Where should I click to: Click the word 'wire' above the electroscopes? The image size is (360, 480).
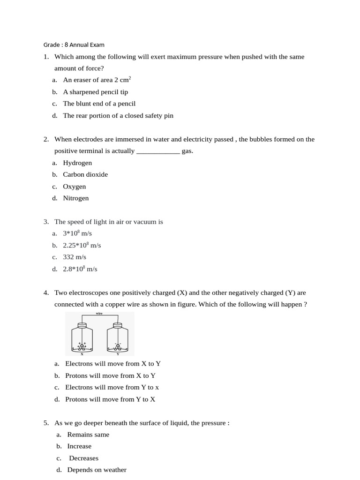pyautogui.click(x=99, y=313)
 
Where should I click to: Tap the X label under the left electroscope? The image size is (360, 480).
pyautogui.click(x=82, y=354)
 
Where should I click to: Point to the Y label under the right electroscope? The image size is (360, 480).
pyautogui.click(x=118, y=354)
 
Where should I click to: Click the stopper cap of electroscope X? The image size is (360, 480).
pyautogui.click(x=82, y=325)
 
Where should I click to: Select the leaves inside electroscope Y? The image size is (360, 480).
pyautogui.click(x=118, y=347)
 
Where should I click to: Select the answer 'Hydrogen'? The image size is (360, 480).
pyautogui.click(x=77, y=163)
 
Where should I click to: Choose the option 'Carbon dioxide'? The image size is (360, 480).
pyautogui.click(x=85, y=174)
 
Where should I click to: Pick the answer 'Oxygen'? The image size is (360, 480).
pyautogui.click(x=75, y=187)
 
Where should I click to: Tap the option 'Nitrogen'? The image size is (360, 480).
pyautogui.click(x=76, y=198)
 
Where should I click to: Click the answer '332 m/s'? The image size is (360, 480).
pyautogui.click(x=75, y=257)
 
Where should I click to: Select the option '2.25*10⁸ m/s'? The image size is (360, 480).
pyautogui.click(x=82, y=245)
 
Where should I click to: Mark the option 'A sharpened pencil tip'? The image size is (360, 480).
pyautogui.click(x=96, y=92)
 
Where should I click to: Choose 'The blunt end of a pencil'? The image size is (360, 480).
pyautogui.click(x=99, y=104)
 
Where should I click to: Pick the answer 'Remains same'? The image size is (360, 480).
pyautogui.click(x=88, y=435)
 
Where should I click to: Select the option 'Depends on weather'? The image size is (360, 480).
pyautogui.click(x=97, y=470)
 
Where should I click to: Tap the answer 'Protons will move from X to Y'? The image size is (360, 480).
pyautogui.click(x=111, y=375)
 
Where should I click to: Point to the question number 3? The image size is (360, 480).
pyautogui.click(x=46, y=222)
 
